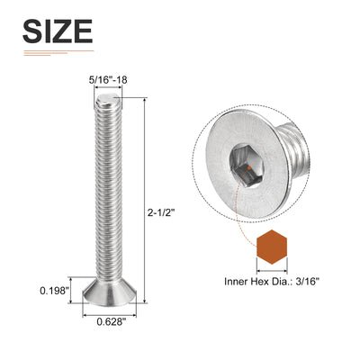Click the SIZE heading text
[58, 31]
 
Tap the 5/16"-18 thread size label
[108, 80]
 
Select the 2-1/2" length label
[161, 212]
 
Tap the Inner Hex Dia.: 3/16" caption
[272, 282]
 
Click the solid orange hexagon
[272, 247]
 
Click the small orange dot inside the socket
[248, 168]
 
